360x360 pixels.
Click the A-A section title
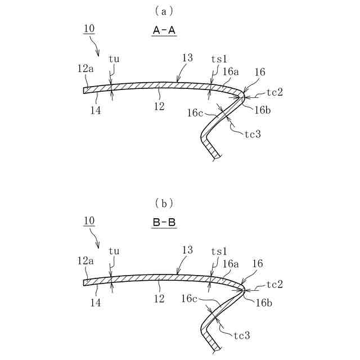click(x=164, y=32)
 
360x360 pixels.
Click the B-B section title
click(x=164, y=223)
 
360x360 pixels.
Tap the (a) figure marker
click(x=164, y=10)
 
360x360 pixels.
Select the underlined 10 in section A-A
click(x=89, y=29)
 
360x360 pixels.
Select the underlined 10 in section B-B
click(x=89, y=221)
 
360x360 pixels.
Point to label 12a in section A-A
click(x=85, y=68)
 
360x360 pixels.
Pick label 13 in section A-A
click(x=187, y=58)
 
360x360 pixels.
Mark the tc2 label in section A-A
click(x=273, y=92)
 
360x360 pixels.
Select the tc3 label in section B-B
click(x=241, y=335)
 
